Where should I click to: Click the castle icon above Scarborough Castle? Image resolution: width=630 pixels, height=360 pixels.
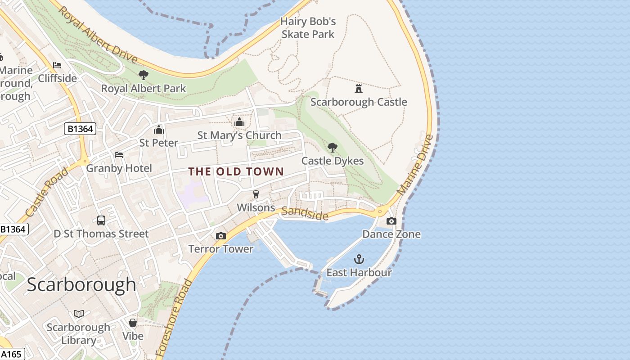click(x=359, y=88)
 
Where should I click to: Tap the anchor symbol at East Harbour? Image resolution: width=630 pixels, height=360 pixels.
click(x=359, y=259)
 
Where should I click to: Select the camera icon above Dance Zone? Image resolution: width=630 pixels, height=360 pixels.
click(x=391, y=221)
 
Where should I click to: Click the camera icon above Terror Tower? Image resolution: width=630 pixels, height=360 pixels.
click(x=220, y=236)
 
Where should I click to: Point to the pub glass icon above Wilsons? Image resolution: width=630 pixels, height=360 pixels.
click(x=256, y=194)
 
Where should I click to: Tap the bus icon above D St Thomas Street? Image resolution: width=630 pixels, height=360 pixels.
click(x=101, y=220)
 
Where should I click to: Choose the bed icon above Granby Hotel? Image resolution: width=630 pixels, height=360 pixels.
click(x=119, y=155)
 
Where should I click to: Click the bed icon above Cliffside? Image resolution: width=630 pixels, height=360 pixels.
click(x=57, y=65)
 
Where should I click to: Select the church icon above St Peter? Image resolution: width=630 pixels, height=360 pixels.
click(x=158, y=130)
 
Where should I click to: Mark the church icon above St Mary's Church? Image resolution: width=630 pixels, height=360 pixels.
click(x=239, y=122)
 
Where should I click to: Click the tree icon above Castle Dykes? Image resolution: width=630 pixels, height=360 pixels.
click(x=332, y=147)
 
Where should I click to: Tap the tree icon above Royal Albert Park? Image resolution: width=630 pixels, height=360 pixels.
click(x=143, y=75)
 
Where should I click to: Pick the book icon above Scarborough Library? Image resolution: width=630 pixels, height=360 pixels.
click(x=78, y=314)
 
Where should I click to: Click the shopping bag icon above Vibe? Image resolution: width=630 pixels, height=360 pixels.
click(x=133, y=323)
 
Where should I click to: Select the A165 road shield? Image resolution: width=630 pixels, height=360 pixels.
click(x=11, y=354)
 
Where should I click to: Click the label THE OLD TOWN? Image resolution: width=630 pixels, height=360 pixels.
click(x=236, y=171)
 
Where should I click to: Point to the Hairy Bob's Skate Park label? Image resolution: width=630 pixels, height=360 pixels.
click(x=308, y=27)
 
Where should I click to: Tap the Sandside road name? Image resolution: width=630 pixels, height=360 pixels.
click(x=305, y=214)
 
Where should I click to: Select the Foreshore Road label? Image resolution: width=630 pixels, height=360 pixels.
click(x=174, y=319)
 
